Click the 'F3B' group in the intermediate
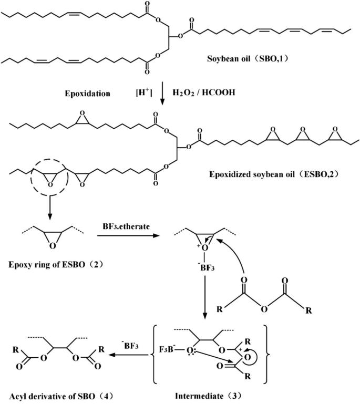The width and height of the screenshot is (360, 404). click(x=166, y=348)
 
